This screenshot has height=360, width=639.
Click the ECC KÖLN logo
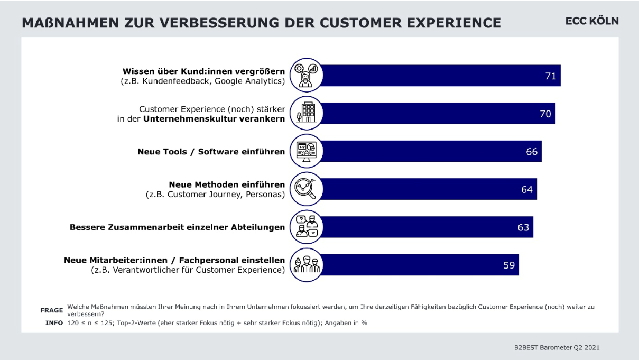[591, 21]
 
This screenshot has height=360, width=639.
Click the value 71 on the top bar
[550, 76]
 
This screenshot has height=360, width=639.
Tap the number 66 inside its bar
[531, 152]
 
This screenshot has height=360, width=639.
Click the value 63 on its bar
[523, 227]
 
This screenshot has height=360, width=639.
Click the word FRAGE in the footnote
[52, 310]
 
